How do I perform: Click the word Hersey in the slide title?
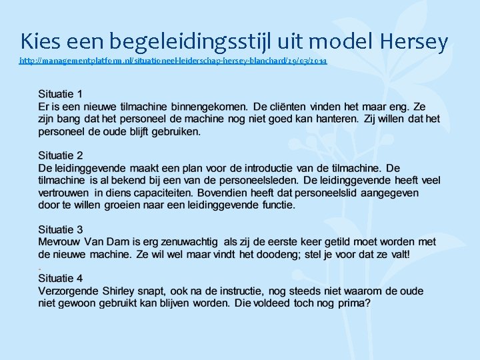coord(414,42)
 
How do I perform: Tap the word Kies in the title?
coord(39,42)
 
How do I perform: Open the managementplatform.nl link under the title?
coord(173,61)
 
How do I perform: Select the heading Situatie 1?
coord(61,94)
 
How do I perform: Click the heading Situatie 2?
coord(61,156)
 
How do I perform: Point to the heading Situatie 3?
coord(61,230)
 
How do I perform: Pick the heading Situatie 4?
coord(61,279)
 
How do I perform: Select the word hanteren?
coord(336,119)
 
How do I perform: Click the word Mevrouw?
coord(63,242)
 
